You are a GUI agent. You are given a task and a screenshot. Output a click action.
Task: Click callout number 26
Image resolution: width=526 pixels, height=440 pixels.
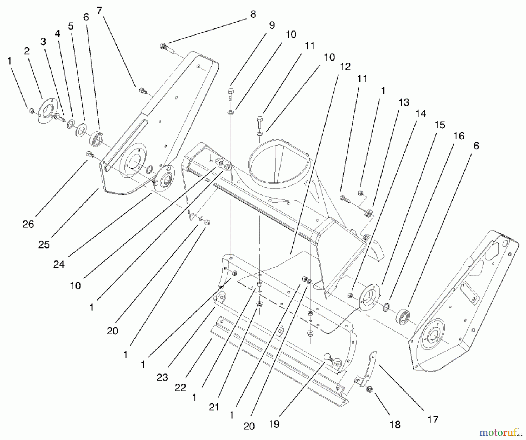[28, 224]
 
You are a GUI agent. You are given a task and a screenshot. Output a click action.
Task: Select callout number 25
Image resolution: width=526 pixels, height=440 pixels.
[44, 244]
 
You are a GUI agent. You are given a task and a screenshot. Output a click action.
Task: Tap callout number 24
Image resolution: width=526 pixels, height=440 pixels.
[59, 264]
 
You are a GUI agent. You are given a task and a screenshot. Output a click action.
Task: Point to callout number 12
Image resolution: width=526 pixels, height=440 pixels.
[345, 67]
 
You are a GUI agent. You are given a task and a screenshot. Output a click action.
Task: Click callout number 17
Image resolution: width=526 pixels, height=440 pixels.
[433, 420]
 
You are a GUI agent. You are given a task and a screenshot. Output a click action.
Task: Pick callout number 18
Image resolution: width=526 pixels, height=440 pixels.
[395, 425]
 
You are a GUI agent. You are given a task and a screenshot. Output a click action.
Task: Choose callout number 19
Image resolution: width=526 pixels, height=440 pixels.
[274, 424]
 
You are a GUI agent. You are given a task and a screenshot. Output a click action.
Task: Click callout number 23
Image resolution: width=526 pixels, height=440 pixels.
[162, 377]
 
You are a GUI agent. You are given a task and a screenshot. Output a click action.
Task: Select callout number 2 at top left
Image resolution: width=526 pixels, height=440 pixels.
[27, 51]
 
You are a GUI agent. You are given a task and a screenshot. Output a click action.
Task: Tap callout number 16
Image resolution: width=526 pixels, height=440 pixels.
[459, 136]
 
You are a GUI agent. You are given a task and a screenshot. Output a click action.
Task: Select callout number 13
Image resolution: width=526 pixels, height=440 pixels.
[404, 102]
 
